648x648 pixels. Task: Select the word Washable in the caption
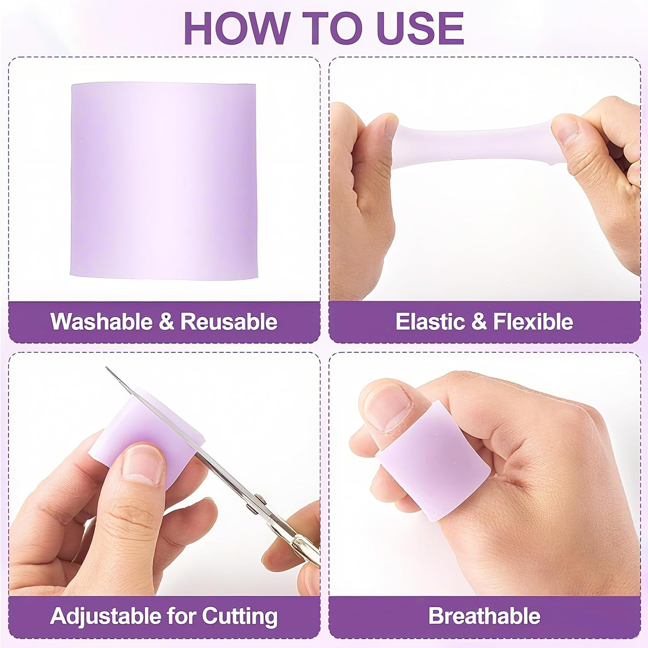point(102,322)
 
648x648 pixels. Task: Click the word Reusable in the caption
point(229,322)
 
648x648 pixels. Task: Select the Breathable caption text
point(484,616)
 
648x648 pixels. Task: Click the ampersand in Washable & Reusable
point(165,322)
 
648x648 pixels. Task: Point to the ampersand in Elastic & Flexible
point(479,322)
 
